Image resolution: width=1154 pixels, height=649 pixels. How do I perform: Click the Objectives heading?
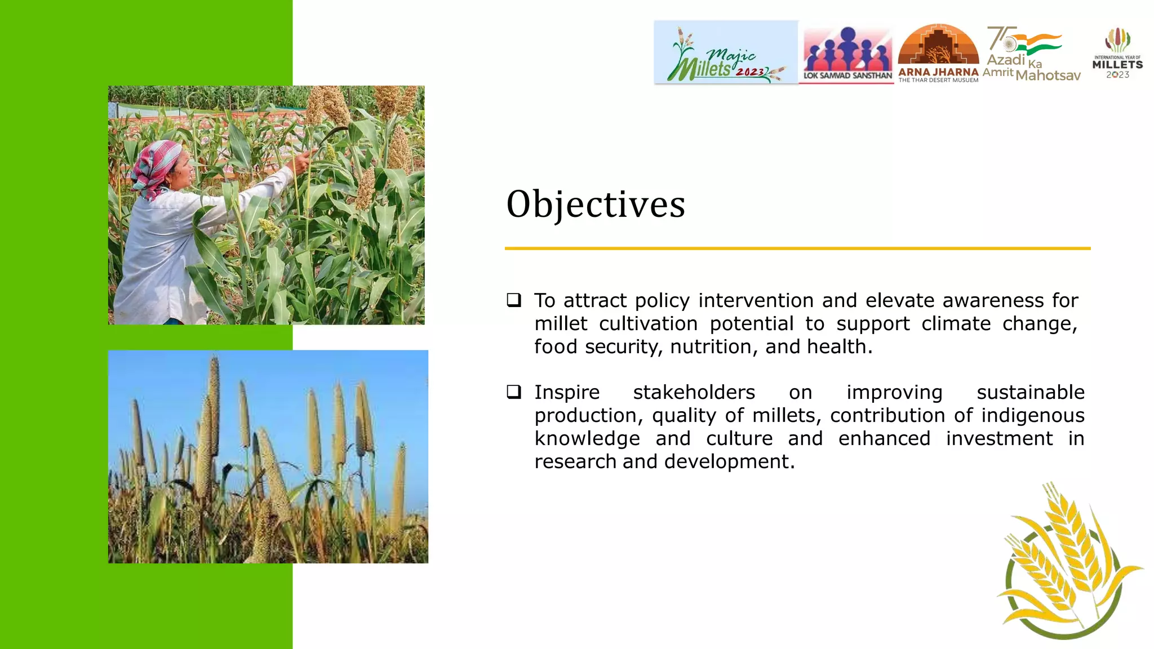[596, 205]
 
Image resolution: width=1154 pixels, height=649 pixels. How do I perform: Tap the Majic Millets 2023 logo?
[726, 53]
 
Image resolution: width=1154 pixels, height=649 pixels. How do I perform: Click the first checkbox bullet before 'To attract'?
[513, 300]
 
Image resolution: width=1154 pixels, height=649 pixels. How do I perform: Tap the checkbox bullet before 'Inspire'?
[513, 392]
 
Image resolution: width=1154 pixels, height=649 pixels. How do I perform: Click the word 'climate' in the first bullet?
[956, 324]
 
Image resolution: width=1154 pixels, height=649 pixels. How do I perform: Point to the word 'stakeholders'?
[694, 393]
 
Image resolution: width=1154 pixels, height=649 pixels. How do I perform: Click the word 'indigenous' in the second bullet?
[1032, 416]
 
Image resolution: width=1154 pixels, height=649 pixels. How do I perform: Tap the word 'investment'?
[999, 439]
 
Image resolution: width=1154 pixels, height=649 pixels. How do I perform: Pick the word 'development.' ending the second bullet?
[729, 462]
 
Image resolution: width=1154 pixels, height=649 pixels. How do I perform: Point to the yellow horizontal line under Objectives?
[797, 248]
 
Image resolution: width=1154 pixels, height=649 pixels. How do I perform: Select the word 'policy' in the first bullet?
[662, 301]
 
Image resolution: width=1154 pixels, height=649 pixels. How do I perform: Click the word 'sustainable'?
[1030, 393]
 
